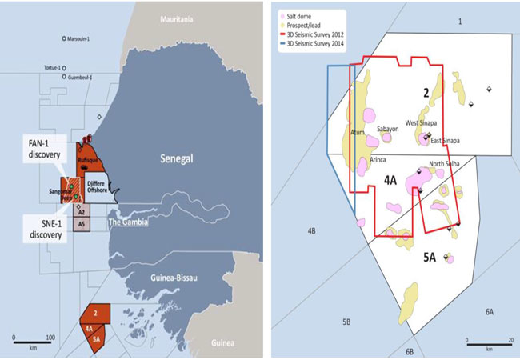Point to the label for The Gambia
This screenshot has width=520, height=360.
click(128, 222)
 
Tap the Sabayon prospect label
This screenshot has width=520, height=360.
click(387, 128)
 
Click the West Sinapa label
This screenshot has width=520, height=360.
click(422, 123)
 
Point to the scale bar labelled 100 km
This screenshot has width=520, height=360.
click(32, 339)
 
